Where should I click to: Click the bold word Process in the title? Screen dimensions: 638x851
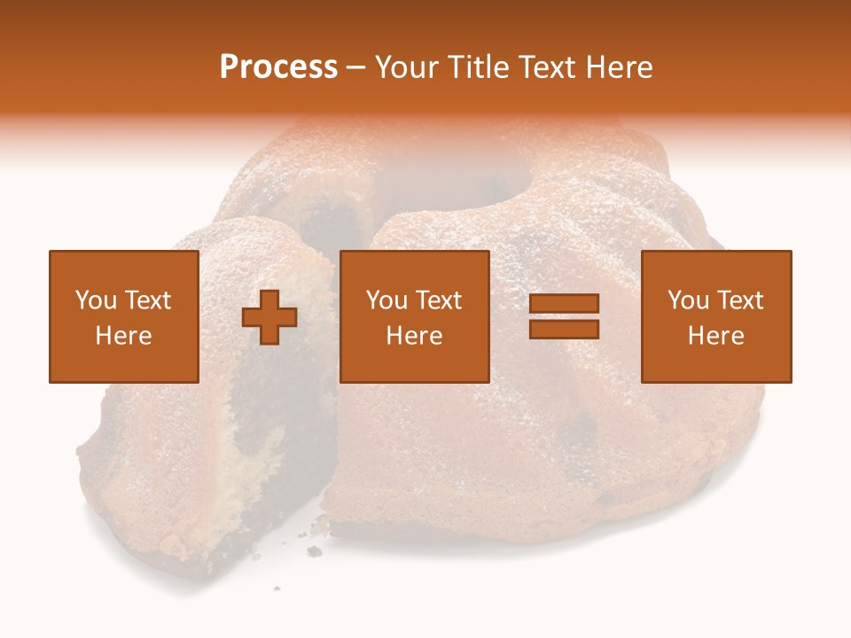[278, 67]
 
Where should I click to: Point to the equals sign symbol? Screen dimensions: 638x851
[564, 316]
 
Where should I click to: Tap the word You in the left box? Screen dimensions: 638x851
[96, 300]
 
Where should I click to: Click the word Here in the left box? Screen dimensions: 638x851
[124, 336]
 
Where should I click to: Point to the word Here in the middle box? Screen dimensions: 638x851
[414, 336]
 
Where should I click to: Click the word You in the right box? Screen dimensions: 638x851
[688, 300]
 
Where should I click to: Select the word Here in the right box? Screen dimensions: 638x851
[716, 336]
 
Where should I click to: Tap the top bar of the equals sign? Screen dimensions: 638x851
[564, 304]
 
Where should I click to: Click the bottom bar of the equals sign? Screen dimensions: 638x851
[564, 329]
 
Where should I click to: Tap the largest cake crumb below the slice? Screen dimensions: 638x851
[314, 551]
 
